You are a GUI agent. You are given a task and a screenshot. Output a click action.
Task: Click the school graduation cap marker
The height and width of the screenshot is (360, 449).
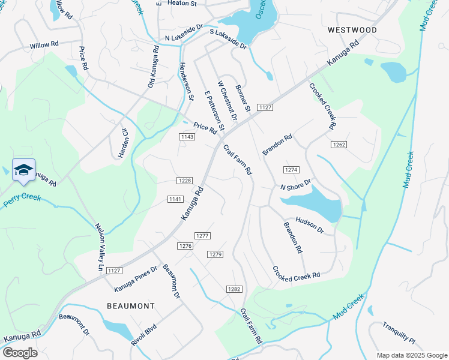(23, 171)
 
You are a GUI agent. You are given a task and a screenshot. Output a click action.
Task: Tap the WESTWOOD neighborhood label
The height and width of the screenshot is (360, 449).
(352, 30)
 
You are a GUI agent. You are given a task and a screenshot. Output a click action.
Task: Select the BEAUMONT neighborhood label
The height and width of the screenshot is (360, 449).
(131, 306)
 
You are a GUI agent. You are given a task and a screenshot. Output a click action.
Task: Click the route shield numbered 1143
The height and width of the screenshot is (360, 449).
(187, 137)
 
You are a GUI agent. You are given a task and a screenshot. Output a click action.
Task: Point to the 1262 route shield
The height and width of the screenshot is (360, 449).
(339, 145)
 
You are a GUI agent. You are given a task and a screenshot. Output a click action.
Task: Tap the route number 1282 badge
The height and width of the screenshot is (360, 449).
(234, 289)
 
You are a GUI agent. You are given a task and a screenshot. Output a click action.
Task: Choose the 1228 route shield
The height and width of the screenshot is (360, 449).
(184, 181)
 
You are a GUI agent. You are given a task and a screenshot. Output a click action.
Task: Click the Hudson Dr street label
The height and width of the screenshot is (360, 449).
(309, 225)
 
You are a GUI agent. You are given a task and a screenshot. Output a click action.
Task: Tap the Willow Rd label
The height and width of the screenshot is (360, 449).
(44, 45)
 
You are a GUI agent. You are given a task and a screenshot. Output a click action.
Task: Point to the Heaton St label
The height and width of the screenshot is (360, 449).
(182, 4)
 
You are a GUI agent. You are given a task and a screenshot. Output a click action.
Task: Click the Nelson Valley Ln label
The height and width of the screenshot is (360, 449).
(100, 247)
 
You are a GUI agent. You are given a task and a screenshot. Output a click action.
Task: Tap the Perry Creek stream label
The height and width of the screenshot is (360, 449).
(22, 200)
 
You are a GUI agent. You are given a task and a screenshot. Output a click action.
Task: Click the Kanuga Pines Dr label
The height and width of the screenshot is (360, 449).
(136, 279)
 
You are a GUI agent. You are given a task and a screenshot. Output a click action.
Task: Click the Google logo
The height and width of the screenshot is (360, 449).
(20, 353)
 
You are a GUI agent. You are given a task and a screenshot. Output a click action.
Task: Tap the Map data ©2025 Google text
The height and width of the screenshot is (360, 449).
(411, 355)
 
